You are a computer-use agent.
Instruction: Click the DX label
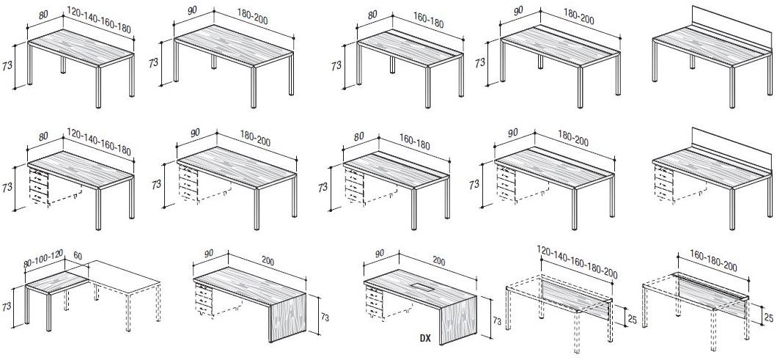tap(424, 339)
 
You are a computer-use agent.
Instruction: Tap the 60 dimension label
tap(78, 256)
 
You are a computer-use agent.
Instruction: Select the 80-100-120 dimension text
tap(43, 259)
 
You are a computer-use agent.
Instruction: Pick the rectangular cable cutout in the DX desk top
tap(419, 287)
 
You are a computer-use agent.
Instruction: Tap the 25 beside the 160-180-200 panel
tap(769, 316)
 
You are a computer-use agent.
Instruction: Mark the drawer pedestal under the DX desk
tap(374, 301)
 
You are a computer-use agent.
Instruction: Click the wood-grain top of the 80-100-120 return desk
tap(57, 281)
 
